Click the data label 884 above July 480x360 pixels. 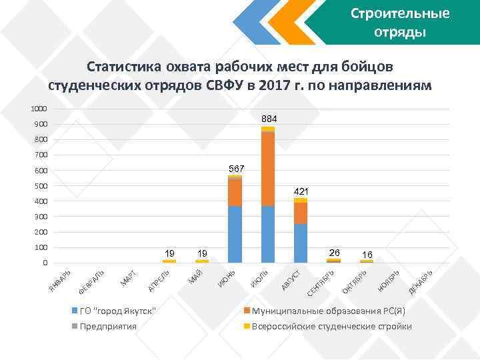[x=269, y=119]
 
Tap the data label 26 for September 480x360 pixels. [x=334, y=253]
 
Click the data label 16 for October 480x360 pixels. [x=367, y=254]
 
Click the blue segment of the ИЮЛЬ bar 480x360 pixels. [x=268, y=234]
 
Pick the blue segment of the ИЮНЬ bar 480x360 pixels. [x=235, y=234]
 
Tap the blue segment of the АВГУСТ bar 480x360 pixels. [x=301, y=243]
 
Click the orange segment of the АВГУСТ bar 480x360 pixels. [x=301, y=213]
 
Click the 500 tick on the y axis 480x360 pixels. [x=41, y=186]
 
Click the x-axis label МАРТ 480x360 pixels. [x=129, y=279]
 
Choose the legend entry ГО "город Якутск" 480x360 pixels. [x=117, y=311]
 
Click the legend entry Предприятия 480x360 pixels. [x=107, y=326]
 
